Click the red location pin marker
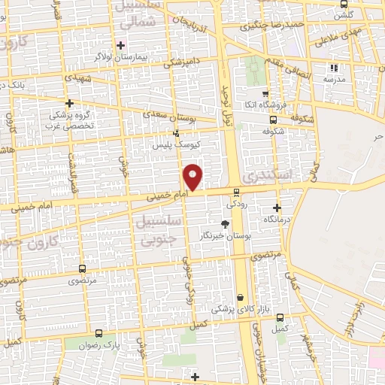tap(193, 176)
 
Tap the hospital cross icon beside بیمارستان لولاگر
tap(120, 45)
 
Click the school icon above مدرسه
tap(333, 68)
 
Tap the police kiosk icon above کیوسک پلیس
tap(177, 132)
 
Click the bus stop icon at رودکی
tap(236, 192)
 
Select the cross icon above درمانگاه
tap(277, 208)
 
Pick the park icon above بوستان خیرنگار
tap(224, 223)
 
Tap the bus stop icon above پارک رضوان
tap(99, 332)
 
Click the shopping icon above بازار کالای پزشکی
tap(241, 298)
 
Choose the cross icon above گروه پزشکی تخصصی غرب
tap(70, 103)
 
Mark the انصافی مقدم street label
tap(298, 65)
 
